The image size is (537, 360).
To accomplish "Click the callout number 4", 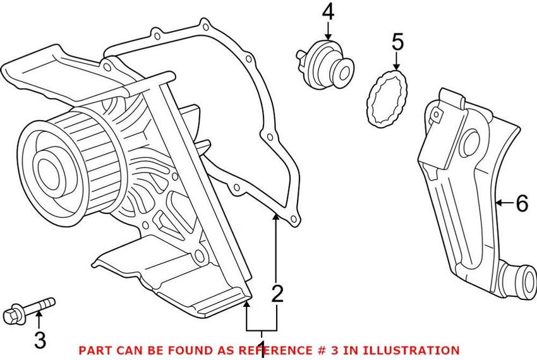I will pos(328,11).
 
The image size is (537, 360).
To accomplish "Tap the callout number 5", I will pos(397,42).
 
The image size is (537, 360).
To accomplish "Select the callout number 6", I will pos(521,203).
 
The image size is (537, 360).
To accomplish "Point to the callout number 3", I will pos(39,341).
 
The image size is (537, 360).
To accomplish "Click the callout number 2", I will pos(277,294).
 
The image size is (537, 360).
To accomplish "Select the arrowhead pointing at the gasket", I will pos(276,218).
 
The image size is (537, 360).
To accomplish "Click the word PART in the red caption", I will pos(92,349).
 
